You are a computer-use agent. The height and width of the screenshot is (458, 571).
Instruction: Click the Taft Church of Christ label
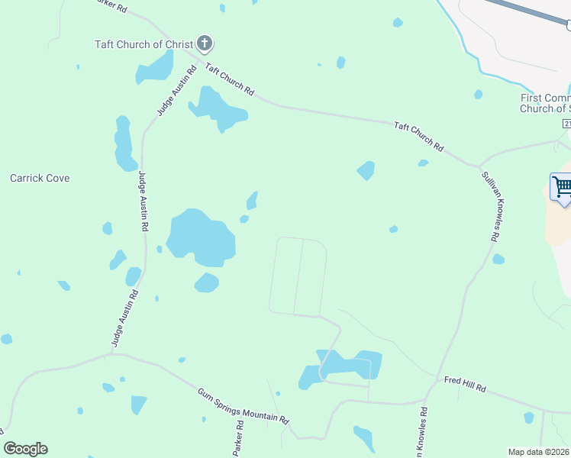[x=144, y=44]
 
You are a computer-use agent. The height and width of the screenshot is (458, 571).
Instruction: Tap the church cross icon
[x=204, y=43]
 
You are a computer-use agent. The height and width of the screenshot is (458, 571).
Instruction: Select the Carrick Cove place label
[x=40, y=178]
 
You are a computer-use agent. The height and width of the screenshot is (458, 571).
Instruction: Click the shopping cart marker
[x=562, y=187]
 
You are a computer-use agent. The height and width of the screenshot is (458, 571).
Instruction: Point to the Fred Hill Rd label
[x=465, y=382]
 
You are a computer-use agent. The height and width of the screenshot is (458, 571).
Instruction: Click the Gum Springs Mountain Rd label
[x=244, y=406]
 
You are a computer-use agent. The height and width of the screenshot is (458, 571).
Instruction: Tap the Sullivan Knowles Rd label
[x=489, y=205]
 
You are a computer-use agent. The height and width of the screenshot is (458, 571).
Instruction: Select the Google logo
[x=26, y=449]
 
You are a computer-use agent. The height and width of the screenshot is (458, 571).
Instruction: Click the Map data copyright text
[x=539, y=452]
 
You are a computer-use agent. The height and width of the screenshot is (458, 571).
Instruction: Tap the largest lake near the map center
[x=200, y=237]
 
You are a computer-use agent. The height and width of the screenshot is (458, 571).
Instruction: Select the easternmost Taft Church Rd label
[x=418, y=135]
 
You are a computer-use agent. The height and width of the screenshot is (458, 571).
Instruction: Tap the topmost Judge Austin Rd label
[x=166, y=94]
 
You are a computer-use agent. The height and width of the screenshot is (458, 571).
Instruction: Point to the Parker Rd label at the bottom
[x=238, y=434]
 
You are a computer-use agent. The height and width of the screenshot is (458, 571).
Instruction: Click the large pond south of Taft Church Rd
[x=217, y=109]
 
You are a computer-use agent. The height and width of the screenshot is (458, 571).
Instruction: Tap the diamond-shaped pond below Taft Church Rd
[x=366, y=170]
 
